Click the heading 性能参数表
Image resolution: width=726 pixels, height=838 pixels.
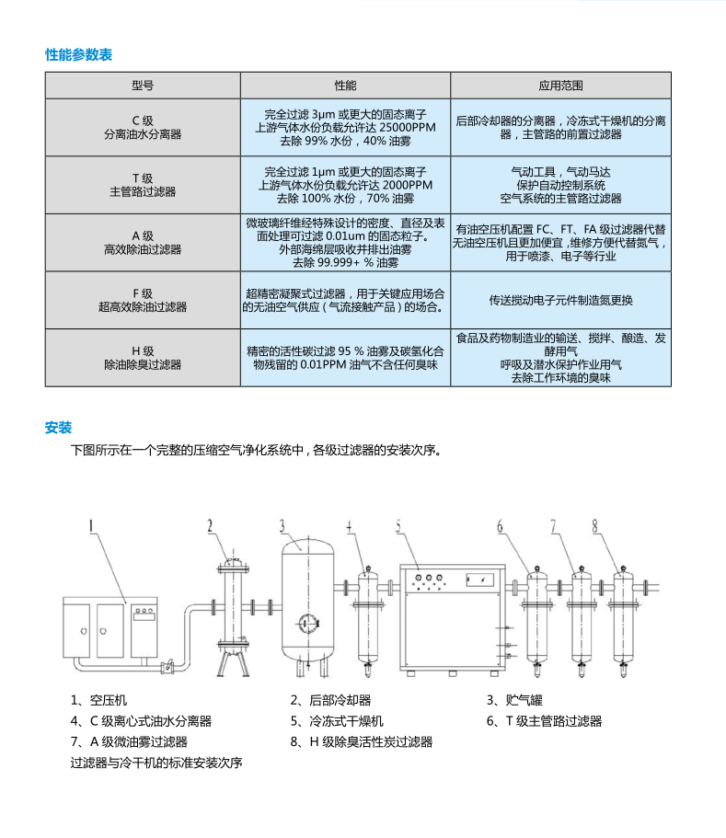pos(78,55)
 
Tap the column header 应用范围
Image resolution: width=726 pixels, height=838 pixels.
pos(560,86)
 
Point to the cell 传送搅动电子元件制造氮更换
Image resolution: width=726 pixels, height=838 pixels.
pos(560,300)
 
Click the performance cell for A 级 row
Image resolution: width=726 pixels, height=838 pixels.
pos(345,243)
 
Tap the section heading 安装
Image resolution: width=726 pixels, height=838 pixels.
pos(58,428)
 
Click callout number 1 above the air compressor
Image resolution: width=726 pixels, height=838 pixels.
pos(93,526)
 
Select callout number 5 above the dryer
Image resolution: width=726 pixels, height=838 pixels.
pos(399,526)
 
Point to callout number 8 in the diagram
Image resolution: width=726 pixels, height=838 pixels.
pos(595,526)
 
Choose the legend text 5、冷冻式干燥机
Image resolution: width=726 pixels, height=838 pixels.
pos(337,721)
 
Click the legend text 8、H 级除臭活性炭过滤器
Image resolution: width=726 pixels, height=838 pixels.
pos(361,742)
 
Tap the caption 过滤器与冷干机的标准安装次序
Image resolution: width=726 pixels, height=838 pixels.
pos(156,763)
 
